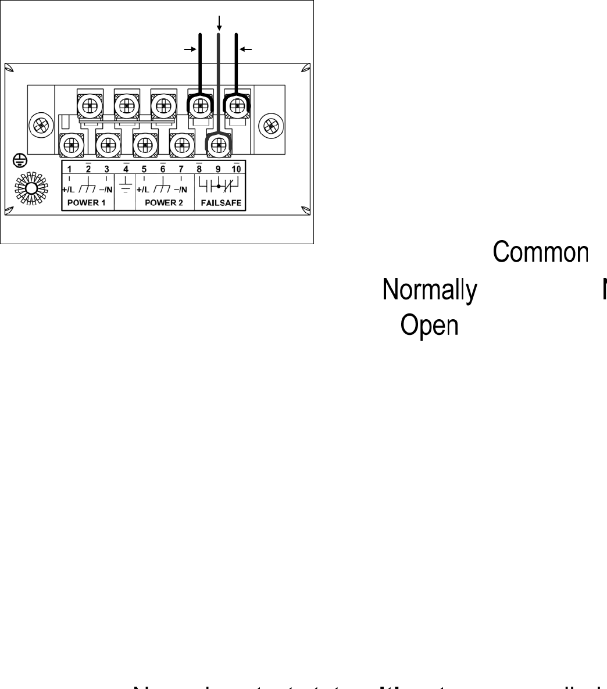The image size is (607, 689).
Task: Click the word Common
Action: tap(541, 252)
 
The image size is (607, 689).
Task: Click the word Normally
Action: tap(430, 289)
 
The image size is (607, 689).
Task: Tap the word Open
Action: tap(429, 326)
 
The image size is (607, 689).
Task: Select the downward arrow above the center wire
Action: tap(219, 23)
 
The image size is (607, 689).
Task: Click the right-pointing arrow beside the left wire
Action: tap(190, 50)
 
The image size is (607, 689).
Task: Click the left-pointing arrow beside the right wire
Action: tap(247, 50)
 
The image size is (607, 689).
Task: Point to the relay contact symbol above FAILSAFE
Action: tap(219, 187)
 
